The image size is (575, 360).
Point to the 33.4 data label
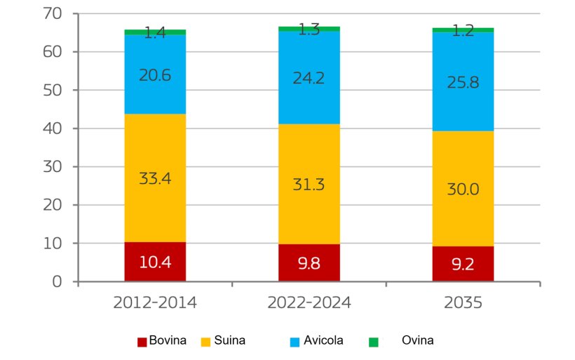coord(154,178)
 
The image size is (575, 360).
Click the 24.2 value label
coord(309,77)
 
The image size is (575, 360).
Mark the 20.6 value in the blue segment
coord(154,75)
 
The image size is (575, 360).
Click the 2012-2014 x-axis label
coord(154,302)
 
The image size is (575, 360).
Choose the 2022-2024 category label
coord(309,302)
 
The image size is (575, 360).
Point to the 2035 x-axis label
coord(463,302)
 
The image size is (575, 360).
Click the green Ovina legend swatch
coord(374,342)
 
